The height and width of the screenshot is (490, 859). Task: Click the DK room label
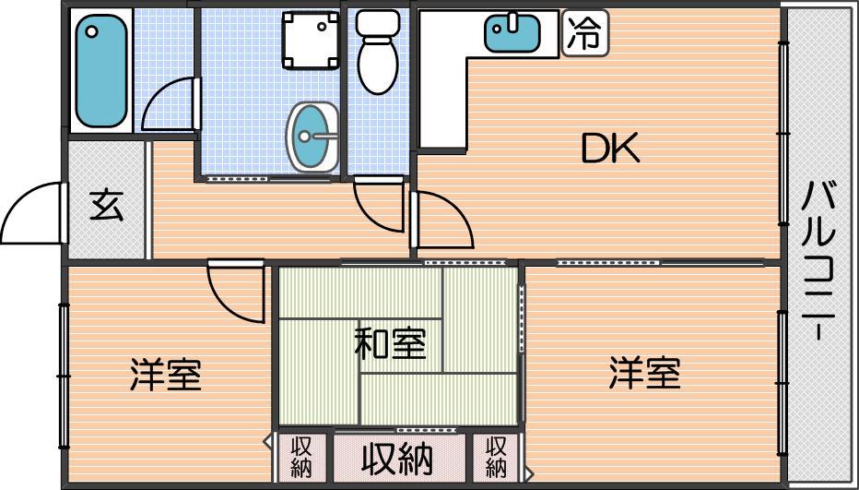click(610, 149)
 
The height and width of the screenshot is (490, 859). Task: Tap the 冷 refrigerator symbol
click(584, 33)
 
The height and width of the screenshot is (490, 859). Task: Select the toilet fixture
click(378, 52)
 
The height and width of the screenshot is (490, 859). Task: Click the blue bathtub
click(101, 70)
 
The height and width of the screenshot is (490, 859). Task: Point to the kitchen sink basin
click(512, 33)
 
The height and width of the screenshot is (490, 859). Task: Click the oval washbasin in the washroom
click(312, 137)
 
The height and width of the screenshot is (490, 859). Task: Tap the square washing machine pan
click(310, 40)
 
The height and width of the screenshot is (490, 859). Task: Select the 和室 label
click(390, 344)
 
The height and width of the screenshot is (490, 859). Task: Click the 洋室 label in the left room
click(166, 374)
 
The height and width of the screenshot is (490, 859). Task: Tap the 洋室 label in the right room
click(645, 373)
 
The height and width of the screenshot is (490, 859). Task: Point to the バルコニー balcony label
click(818, 262)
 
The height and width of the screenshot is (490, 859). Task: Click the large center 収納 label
click(397, 459)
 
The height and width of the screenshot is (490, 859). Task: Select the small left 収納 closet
click(301, 458)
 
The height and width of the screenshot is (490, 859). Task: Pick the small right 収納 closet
click(496, 458)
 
